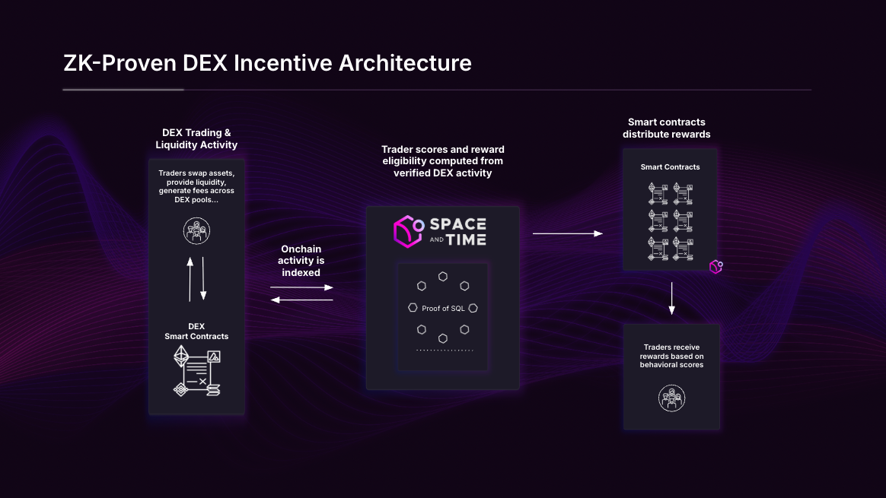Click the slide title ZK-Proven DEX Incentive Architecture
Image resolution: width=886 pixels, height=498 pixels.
pyautogui.click(x=267, y=62)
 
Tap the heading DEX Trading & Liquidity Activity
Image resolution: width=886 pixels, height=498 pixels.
pyautogui.click(x=196, y=138)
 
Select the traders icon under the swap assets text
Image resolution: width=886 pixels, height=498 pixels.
pyautogui.click(x=196, y=230)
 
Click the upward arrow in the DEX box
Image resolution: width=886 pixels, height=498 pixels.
pyautogui.click(x=190, y=278)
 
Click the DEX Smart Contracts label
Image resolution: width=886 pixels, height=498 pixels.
pyautogui.click(x=196, y=331)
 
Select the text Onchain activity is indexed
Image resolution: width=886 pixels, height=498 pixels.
pyautogui.click(x=301, y=261)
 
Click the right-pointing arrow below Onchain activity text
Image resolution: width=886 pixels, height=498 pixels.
pyautogui.click(x=301, y=287)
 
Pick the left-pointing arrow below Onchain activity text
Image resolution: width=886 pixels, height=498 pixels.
pyautogui.click(x=301, y=300)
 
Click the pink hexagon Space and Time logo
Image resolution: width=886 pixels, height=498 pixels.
pyautogui.click(x=408, y=231)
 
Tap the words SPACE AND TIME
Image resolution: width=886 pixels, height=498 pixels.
pyautogui.click(x=457, y=231)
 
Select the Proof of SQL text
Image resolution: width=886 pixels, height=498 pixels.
pyautogui.click(x=443, y=309)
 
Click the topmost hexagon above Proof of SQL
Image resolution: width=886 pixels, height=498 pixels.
pyautogui.click(x=442, y=276)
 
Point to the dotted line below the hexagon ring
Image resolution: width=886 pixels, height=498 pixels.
pyautogui.click(x=445, y=351)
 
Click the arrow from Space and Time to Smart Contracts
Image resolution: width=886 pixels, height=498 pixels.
pyautogui.click(x=567, y=234)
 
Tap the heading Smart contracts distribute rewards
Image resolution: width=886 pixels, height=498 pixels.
pyautogui.click(x=666, y=128)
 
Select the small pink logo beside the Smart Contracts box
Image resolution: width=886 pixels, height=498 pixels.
pyautogui.click(x=715, y=267)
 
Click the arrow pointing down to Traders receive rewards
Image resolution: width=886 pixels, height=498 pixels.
pyautogui.click(x=671, y=298)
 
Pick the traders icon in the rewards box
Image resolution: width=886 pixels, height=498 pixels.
pyautogui.click(x=671, y=398)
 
